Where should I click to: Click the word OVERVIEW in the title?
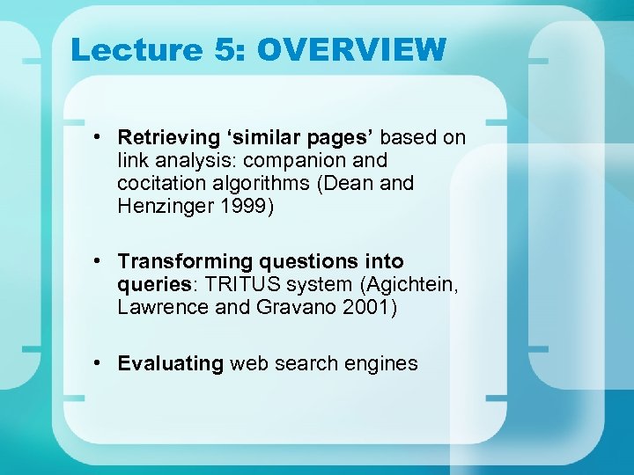(351, 50)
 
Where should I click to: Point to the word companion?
(296, 161)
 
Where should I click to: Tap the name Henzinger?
(165, 207)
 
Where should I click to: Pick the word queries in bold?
(151, 285)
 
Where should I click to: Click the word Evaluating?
(171, 363)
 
